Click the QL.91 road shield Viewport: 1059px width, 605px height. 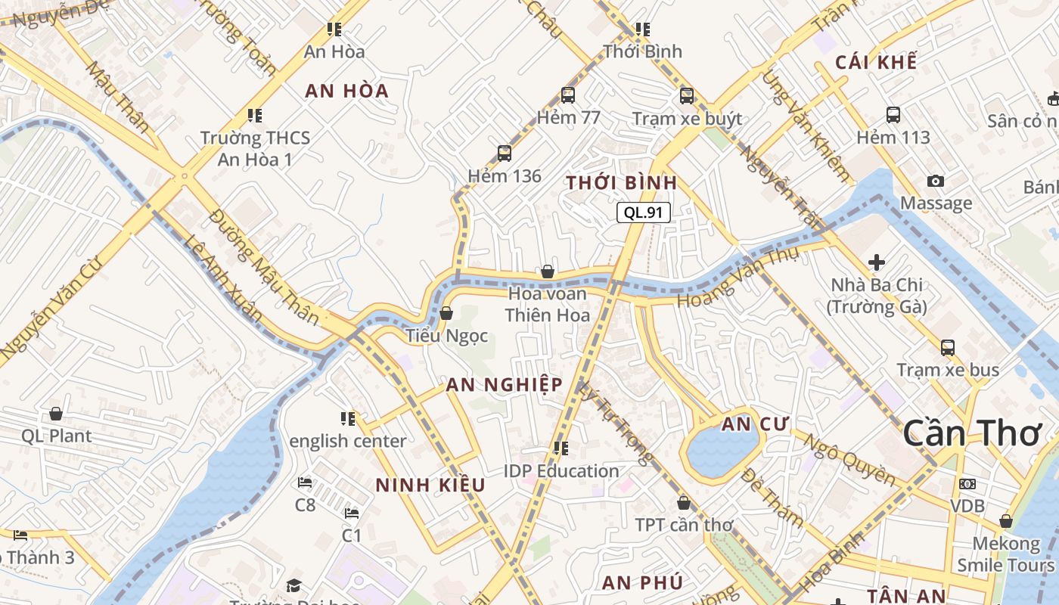[x=644, y=213]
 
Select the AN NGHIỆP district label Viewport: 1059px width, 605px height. [x=504, y=384]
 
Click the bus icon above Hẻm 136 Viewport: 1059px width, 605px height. [x=505, y=154]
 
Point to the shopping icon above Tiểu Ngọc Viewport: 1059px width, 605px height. [x=446, y=312]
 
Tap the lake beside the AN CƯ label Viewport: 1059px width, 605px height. [x=718, y=452]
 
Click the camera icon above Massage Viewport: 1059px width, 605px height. [x=936, y=181]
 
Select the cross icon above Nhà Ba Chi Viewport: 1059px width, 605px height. [x=877, y=262]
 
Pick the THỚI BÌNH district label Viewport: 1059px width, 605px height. [x=621, y=183]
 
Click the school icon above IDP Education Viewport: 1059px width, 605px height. [x=561, y=448]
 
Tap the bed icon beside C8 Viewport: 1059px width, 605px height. [x=305, y=482]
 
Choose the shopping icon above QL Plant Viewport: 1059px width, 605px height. [x=56, y=414]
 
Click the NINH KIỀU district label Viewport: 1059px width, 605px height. [x=430, y=485]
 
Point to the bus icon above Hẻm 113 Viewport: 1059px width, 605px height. [x=893, y=115]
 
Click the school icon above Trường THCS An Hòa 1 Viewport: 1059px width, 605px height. [x=255, y=116]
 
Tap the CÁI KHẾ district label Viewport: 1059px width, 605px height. [x=876, y=62]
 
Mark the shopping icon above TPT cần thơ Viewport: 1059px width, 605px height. [x=684, y=502]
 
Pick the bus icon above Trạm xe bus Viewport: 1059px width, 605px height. [x=948, y=348]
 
